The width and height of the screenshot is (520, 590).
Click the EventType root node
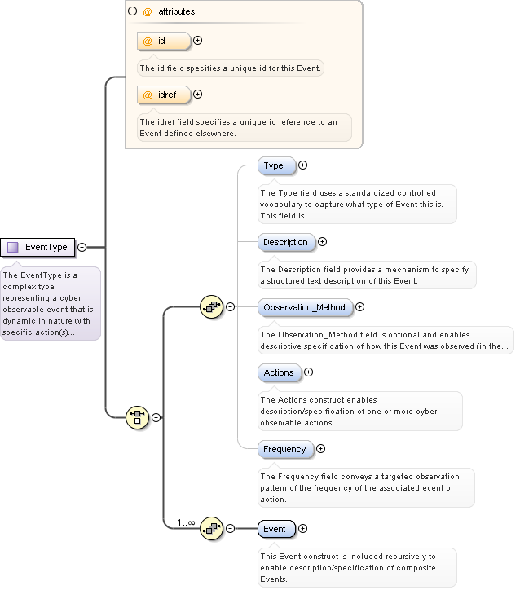pos(38,247)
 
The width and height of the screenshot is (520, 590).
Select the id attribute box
pos(164,40)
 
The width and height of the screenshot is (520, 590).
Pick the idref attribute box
pos(164,95)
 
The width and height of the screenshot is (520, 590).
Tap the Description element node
pos(285,242)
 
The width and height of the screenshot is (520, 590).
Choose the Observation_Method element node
pos(304,307)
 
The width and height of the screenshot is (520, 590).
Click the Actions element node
pos(279,372)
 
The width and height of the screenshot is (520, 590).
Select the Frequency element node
pos(284,449)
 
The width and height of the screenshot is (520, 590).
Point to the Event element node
pos(275,529)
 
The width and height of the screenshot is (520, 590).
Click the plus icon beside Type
pos(303,165)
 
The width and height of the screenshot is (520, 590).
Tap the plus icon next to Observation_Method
pos(359,307)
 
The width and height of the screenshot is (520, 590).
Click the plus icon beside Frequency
pos(320,449)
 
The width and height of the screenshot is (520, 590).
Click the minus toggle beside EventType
pos(82,247)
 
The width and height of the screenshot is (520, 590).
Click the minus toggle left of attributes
pos(132,12)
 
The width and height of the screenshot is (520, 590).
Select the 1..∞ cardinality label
pos(186,522)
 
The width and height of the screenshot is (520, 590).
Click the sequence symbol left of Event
pos(210,528)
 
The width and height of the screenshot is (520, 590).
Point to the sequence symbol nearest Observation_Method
pos(210,307)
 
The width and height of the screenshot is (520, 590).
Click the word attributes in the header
pos(177,12)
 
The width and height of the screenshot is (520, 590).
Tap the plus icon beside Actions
pos(308,372)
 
